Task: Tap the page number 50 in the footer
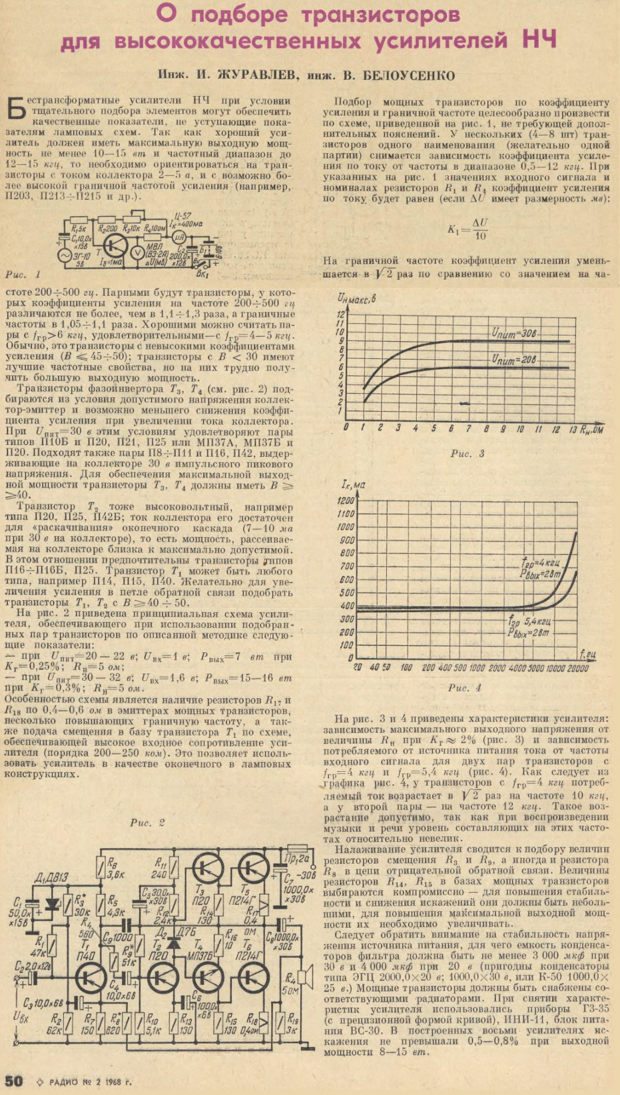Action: coord(14,1081)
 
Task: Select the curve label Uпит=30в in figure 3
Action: coord(515,333)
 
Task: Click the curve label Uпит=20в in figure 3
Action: coord(515,359)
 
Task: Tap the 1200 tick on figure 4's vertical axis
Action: coord(346,501)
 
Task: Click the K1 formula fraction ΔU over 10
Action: coord(479,230)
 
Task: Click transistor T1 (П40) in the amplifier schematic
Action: coord(89,978)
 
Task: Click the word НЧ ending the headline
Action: coord(540,41)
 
